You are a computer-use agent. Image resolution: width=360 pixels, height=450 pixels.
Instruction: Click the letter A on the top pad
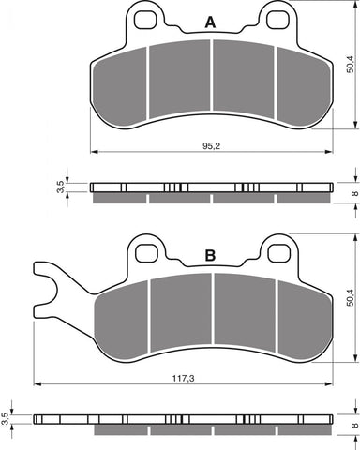click(x=210, y=22)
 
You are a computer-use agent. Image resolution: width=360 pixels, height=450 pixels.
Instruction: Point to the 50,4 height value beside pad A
click(x=349, y=64)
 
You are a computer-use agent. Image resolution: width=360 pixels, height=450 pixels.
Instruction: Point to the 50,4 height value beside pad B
click(x=349, y=298)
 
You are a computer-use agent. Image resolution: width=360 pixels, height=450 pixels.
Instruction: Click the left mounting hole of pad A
click(x=143, y=18)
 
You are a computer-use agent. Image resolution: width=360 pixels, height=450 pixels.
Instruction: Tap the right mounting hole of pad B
click(x=277, y=252)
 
